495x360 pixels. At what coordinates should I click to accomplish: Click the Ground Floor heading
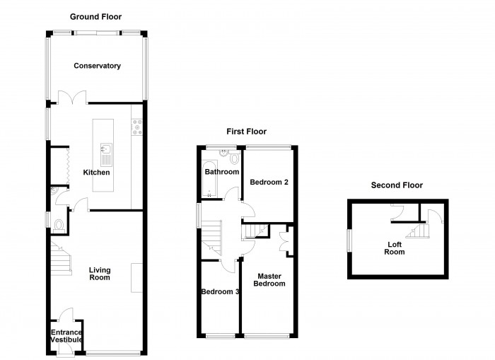(95, 17)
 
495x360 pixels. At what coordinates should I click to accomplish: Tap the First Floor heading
(247, 132)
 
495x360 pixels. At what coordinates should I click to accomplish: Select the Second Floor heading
(397, 185)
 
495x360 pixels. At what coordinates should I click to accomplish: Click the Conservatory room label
(98, 66)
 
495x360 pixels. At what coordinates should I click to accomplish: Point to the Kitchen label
(96, 172)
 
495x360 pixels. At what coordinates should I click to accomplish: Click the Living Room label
(100, 274)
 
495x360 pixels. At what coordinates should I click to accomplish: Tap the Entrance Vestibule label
(66, 336)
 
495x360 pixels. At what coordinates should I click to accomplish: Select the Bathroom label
(222, 172)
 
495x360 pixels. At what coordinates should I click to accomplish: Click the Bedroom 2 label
(269, 182)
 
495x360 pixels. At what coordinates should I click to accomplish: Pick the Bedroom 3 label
(220, 291)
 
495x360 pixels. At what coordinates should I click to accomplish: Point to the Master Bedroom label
(269, 280)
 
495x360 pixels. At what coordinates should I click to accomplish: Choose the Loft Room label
(395, 248)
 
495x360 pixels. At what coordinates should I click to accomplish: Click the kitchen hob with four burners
(137, 127)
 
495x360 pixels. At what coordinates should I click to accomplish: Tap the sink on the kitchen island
(106, 155)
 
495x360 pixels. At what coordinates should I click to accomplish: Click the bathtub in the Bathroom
(209, 179)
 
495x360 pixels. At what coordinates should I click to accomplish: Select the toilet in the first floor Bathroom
(234, 157)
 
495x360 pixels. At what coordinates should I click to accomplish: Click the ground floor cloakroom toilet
(59, 226)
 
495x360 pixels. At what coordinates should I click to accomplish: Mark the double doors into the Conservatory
(72, 98)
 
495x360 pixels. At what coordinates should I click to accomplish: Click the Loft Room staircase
(417, 231)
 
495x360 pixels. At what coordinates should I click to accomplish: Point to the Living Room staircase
(61, 258)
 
